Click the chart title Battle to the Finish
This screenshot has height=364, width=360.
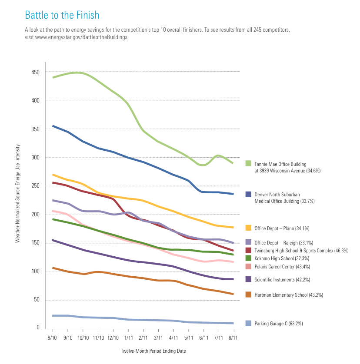(x=62, y=16)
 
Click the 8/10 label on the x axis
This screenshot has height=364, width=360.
(x=52, y=337)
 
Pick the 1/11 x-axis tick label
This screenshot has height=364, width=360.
(x=128, y=337)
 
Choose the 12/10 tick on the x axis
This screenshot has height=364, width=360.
(x=113, y=337)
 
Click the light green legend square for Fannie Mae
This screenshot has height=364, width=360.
(x=248, y=163)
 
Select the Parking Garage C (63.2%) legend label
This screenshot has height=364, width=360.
(x=278, y=324)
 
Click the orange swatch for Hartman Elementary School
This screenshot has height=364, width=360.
(x=248, y=295)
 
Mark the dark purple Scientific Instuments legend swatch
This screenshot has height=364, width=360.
(x=248, y=279)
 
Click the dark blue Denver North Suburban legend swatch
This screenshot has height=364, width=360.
(x=248, y=195)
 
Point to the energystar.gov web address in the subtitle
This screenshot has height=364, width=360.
(x=76, y=37)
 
